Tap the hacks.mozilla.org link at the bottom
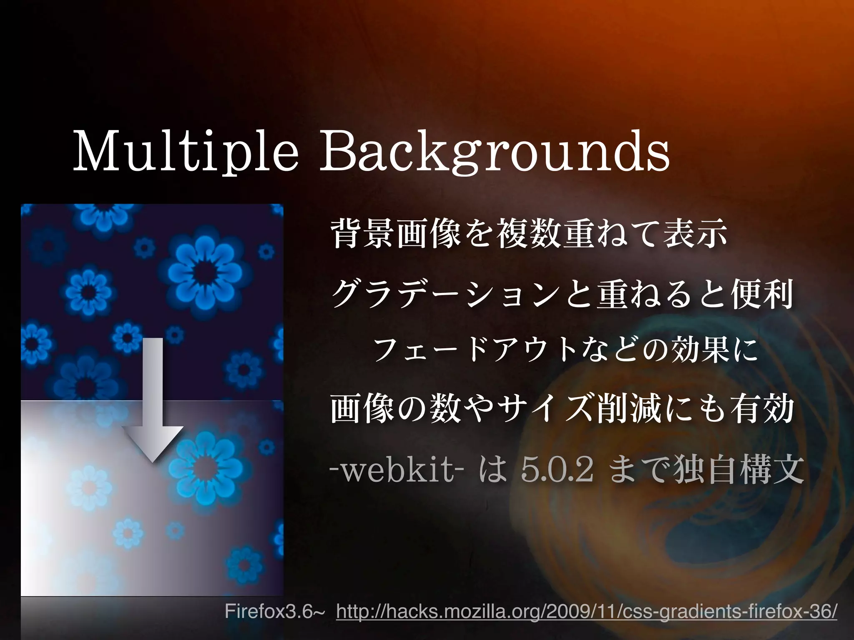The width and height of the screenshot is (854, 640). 586,612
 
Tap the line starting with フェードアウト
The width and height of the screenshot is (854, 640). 565,350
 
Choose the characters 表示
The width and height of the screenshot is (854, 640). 696,235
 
